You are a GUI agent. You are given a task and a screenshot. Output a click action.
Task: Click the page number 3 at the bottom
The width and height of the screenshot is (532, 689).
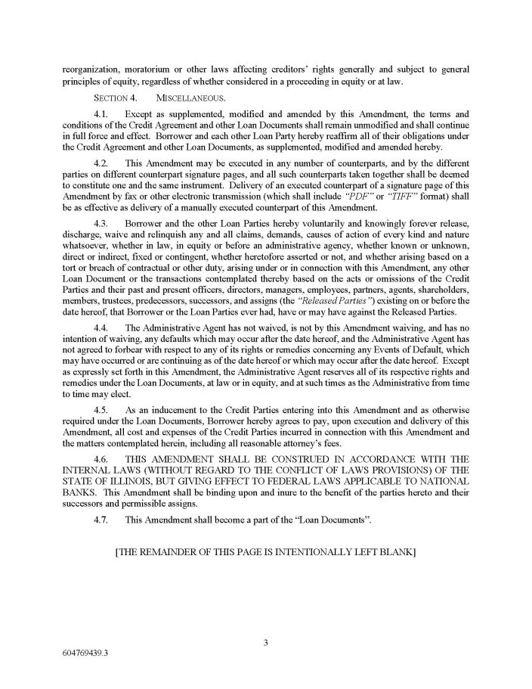(x=266, y=643)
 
